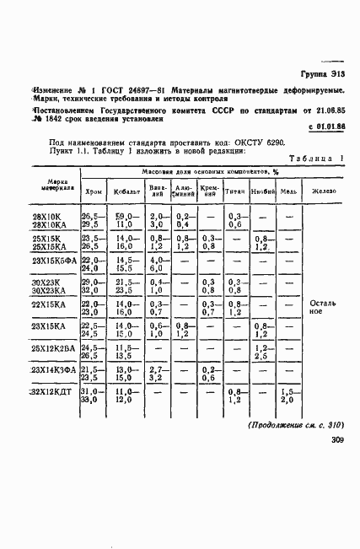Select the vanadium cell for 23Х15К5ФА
pyautogui.click(x=157, y=266)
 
